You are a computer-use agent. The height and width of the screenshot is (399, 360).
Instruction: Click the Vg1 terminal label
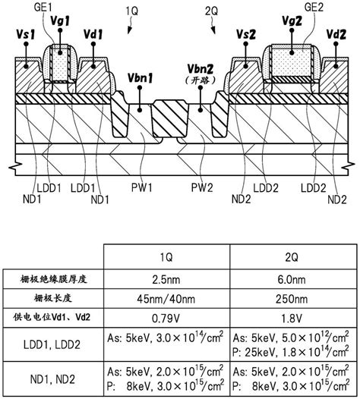pos(60,21)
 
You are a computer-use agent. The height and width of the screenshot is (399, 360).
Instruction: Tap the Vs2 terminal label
pos(245,34)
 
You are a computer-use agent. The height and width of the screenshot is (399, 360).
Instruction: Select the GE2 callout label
pos(314,8)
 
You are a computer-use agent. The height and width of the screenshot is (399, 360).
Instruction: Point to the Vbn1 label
pos(140,78)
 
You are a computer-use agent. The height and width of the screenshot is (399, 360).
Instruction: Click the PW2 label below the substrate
pos(202,188)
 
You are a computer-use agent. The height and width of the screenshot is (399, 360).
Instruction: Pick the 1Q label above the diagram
pos(131,11)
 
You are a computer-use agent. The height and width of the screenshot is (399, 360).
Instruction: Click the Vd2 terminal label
pos(336,34)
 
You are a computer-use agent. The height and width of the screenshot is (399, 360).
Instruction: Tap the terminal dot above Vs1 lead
pos(26,44)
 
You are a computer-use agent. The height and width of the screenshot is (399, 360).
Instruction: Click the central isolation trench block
pos(170,118)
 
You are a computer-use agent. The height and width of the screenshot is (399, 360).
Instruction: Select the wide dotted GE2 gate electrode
pos(292,61)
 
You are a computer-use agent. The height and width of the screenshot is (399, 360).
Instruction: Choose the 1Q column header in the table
pos(166,257)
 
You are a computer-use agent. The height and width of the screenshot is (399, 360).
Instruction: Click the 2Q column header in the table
pos(292,257)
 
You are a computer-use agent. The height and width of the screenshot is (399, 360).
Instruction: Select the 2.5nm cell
pos(166,280)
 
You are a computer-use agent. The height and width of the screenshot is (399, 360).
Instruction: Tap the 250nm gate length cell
pos(292,299)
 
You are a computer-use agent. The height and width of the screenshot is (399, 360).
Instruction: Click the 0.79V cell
pos(166,318)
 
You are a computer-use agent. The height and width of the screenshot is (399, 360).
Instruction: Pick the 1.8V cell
pos(292,318)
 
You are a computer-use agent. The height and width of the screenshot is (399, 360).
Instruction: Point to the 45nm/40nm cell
pos(166,299)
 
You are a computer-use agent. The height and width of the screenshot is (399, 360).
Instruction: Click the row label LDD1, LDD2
pos(52,344)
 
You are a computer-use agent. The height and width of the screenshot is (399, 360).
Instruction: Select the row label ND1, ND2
pos(52,379)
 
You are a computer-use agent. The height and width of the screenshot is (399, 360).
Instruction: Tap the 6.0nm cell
pos(292,280)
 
